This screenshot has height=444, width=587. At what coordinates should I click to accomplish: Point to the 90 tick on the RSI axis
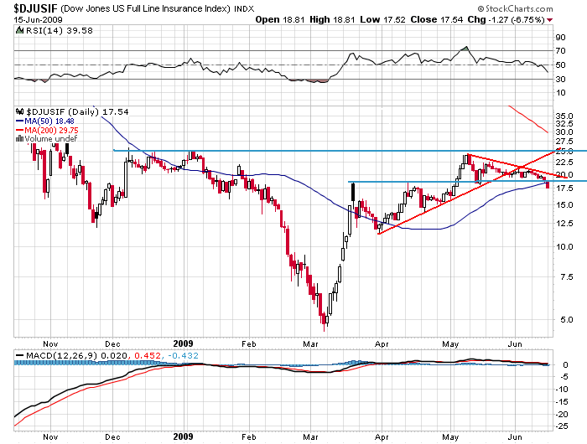pyautogui.click(x=560, y=38)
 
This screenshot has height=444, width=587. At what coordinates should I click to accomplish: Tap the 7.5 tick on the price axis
pyautogui.click(x=561, y=277)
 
